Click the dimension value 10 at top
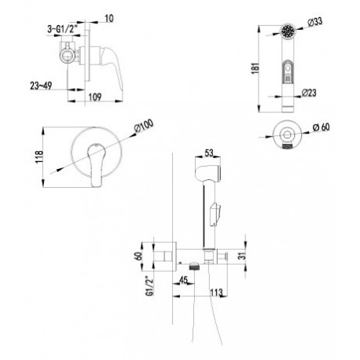pos(109,19)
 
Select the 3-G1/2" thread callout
pos(63,30)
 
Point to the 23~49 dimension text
pos(41,86)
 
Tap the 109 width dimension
pos(95,97)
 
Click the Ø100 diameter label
pos(144,127)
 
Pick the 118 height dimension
pos(39,157)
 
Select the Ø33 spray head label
pos(315,22)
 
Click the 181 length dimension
pos(255,68)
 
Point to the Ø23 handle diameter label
pos(309,93)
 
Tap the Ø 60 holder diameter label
pos(321,127)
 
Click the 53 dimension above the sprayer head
pos(209,153)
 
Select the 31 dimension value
pos(243,255)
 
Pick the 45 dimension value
pos(183,280)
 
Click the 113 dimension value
pos(216,292)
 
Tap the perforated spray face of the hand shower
pos(288,31)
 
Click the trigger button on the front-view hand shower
pos(288,72)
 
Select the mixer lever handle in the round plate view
pos(96,165)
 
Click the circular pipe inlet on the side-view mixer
pos(68,56)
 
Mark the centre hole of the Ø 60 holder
pos(288,134)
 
